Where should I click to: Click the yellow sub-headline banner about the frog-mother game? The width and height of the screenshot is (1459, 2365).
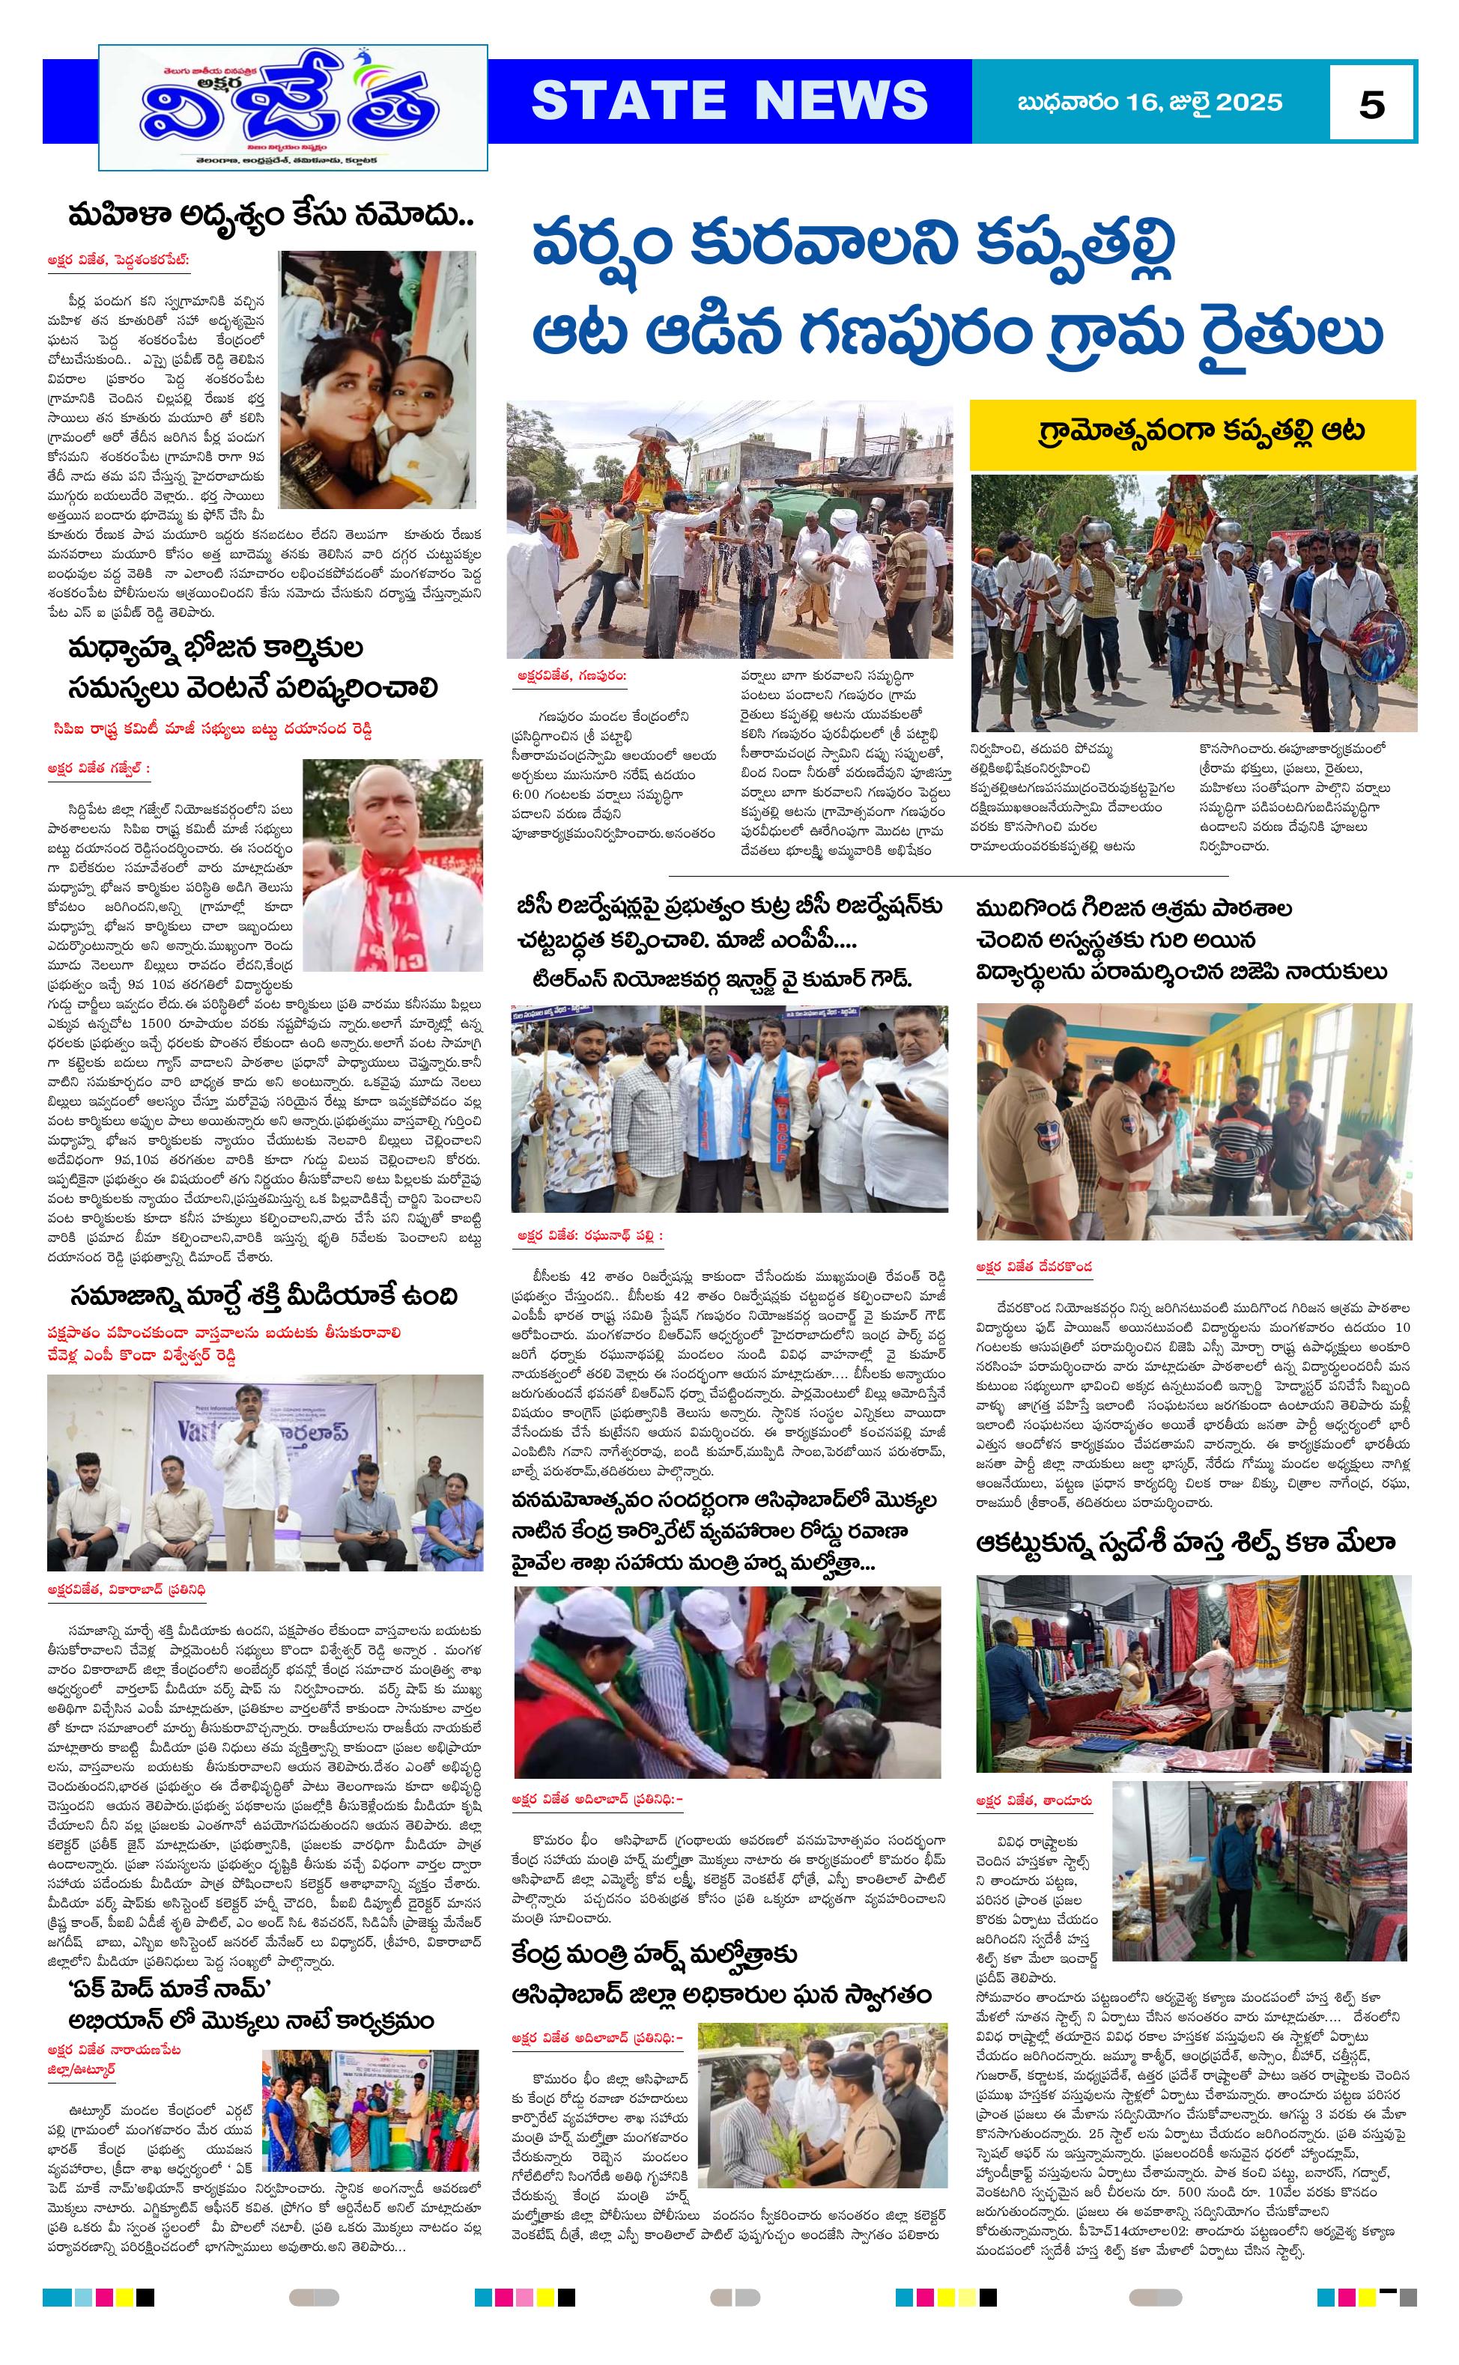[x=1192, y=432]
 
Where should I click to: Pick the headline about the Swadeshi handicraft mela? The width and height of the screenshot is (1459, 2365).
[x=1185, y=1542]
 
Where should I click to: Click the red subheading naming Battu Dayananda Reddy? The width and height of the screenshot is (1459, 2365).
[x=213, y=730]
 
